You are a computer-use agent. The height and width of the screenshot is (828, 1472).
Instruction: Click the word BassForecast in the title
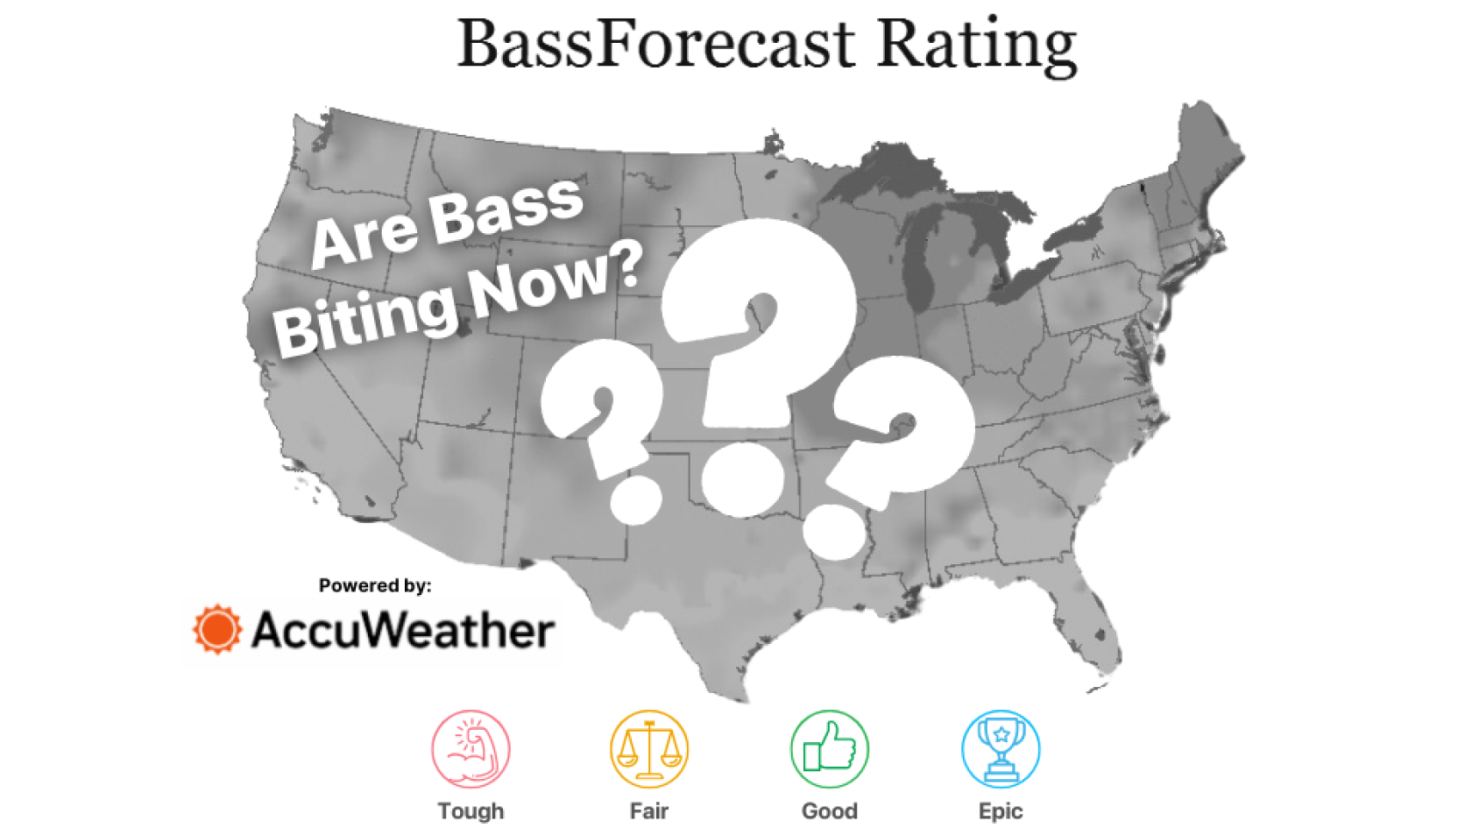(656, 44)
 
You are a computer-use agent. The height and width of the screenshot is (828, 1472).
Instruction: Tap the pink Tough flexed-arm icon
(471, 749)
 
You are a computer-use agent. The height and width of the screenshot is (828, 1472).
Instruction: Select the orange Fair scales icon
(649, 749)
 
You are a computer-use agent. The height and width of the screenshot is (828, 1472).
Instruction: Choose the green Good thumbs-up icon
(829, 749)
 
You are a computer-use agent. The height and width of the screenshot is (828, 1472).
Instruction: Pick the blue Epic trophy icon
(1001, 749)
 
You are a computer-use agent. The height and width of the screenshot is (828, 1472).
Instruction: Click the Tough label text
(471, 811)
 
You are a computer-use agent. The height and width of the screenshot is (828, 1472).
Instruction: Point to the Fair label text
(649, 811)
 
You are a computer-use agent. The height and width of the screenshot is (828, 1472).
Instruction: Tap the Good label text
(829, 811)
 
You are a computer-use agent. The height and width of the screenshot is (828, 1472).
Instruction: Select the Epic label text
(1001, 811)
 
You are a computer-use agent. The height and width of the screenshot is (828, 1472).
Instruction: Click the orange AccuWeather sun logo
(217, 629)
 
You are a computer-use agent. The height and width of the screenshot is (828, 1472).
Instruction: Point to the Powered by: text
(375, 585)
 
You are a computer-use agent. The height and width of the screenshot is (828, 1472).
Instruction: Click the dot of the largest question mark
(743, 478)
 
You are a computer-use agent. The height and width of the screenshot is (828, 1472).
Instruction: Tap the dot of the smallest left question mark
(635, 500)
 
